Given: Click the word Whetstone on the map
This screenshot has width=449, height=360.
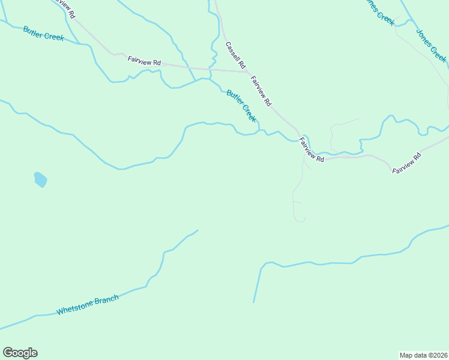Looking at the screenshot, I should [x=75, y=308].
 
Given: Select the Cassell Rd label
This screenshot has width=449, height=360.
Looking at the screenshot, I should [x=236, y=54].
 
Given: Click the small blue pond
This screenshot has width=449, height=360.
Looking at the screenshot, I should [x=40, y=179].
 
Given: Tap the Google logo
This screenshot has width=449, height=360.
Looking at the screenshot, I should [x=20, y=353].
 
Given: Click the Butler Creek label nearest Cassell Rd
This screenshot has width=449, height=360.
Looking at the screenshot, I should [x=241, y=106].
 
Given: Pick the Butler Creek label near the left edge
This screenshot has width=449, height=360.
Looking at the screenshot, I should [x=43, y=33].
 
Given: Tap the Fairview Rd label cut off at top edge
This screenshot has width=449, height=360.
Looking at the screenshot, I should [x=65, y=8].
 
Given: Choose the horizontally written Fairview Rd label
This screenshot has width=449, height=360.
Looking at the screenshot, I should [x=145, y=61].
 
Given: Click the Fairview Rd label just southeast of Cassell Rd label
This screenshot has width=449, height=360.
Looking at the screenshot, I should [x=261, y=91].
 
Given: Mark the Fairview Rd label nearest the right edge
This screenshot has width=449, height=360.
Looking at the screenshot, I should [x=408, y=164].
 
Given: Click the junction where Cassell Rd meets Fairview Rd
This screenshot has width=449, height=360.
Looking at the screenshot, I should [x=248, y=72].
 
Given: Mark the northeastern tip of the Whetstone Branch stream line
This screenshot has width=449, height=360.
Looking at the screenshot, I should [x=197, y=230].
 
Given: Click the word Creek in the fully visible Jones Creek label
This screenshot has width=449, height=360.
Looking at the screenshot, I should [x=439, y=53].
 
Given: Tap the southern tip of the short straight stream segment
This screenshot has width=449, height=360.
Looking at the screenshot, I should [x=253, y=302].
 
